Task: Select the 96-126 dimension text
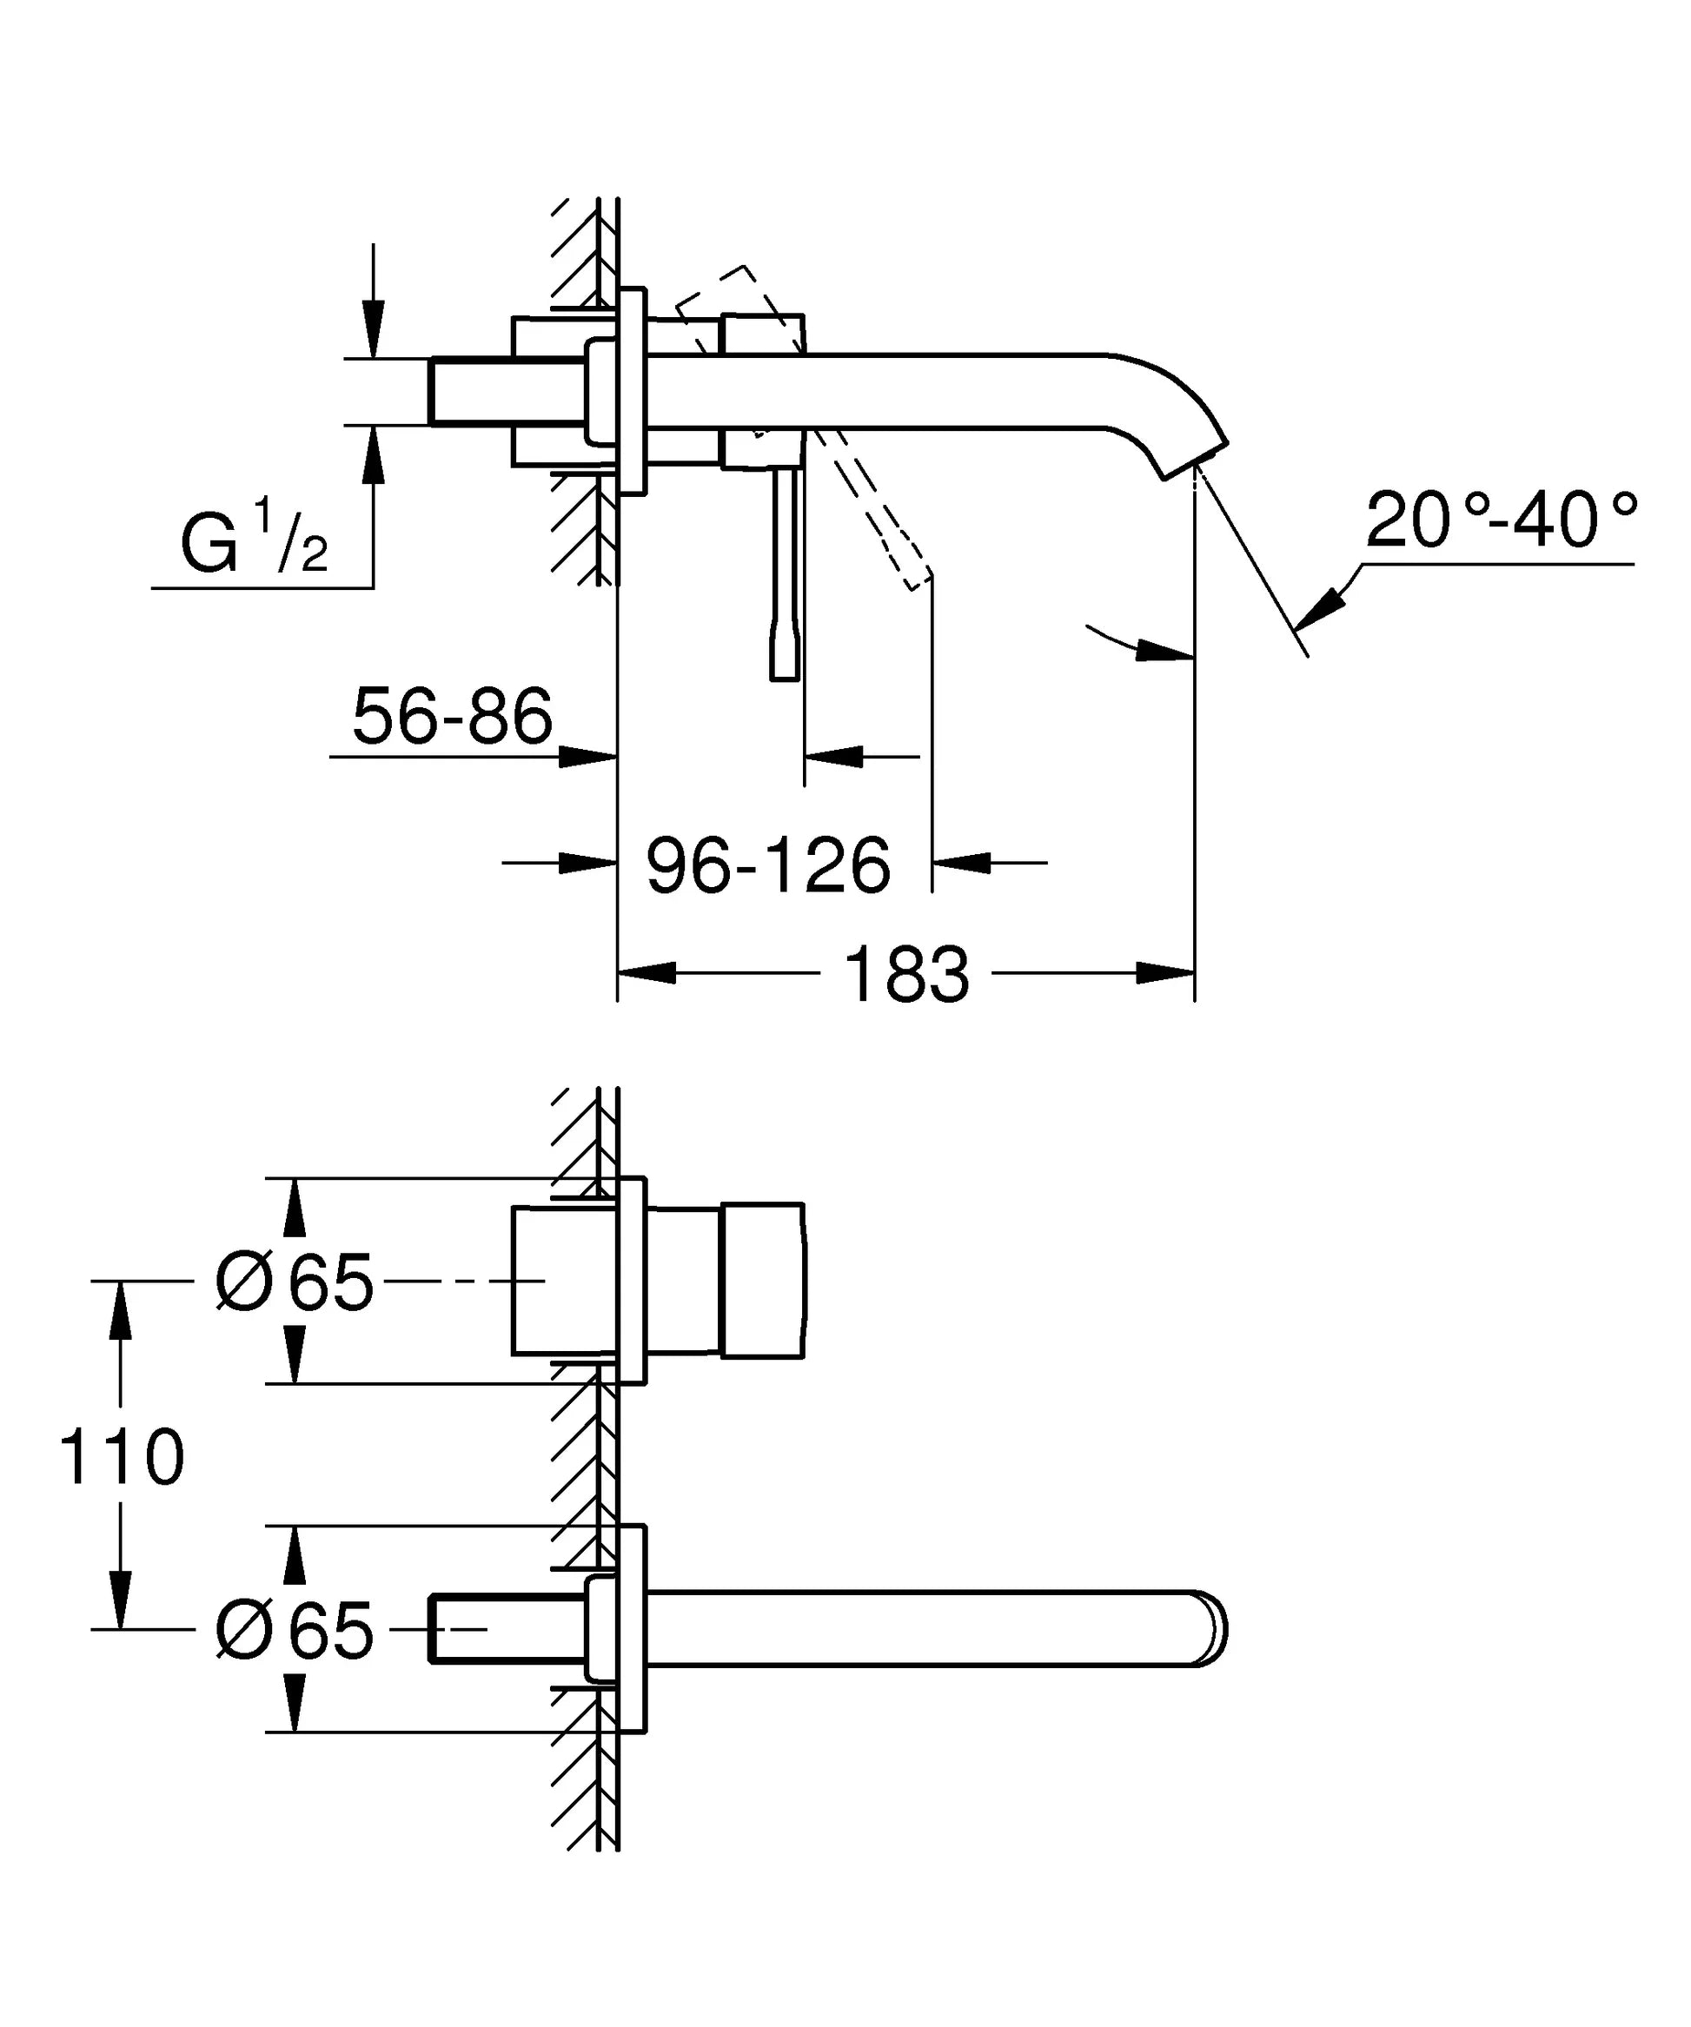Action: click(767, 866)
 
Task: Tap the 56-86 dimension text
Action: click(452, 716)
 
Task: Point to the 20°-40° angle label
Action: click(1502, 520)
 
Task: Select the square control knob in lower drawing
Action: click(762, 1281)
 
